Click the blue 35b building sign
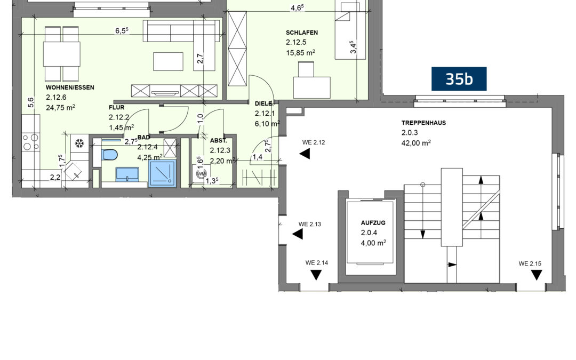[459, 78]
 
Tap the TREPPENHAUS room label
[423, 123]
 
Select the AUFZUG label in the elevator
[373, 222]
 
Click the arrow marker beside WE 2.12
[305, 154]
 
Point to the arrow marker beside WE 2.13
[298, 234]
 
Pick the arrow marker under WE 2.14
[316, 275]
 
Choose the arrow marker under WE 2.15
[537, 275]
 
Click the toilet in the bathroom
[109, 154]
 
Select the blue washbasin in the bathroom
[127, 174]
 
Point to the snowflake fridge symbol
[79, 143]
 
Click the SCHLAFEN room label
[301, 33]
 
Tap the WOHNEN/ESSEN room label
[70, 88]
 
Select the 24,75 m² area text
[61, 107]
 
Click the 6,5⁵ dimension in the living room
[122, 30]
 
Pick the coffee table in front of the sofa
[168, 61]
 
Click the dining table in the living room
[62, 54]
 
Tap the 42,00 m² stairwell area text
[416, 142]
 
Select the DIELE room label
[263, 104]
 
